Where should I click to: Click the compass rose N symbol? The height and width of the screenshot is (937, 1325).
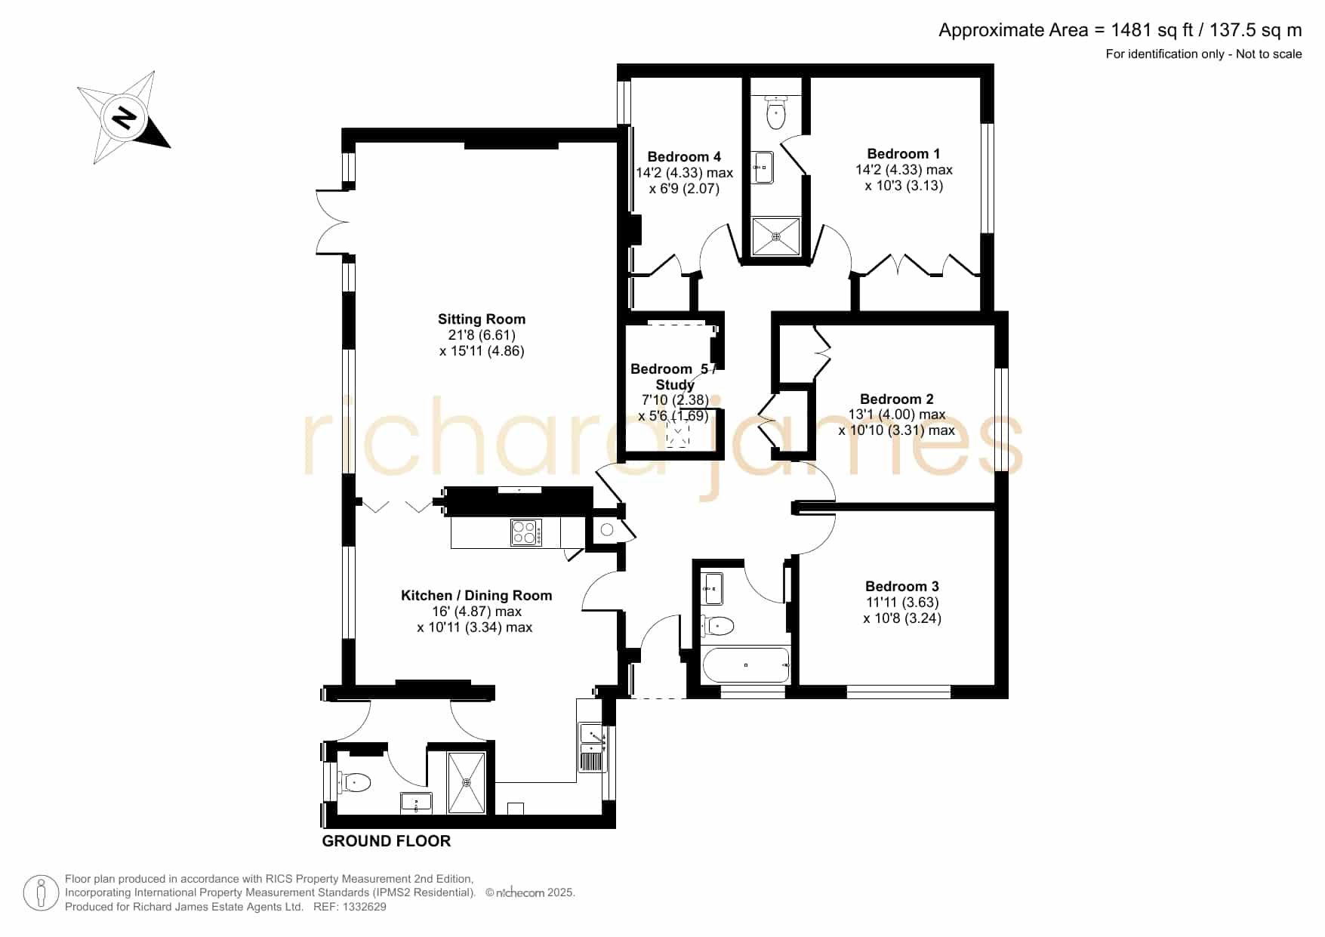tap(123, 119)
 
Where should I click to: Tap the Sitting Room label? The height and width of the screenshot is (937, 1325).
tap(482, 319)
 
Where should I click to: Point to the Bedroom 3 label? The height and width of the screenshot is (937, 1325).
tap(902, 587)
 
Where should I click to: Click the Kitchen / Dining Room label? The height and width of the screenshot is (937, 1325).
tap(476, 596)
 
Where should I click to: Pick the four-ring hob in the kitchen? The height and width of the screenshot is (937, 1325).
tap(526, 532)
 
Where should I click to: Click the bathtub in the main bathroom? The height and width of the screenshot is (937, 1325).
tap(746, 665)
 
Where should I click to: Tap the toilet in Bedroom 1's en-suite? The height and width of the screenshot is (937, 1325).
tap(775, 112)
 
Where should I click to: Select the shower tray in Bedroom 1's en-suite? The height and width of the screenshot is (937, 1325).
tap(775, 236)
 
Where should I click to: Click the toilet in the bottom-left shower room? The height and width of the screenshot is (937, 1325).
tap(355, 781)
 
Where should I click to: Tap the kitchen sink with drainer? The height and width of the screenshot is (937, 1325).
tap(593, 747)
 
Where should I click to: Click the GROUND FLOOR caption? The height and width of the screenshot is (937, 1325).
tap(387, 841)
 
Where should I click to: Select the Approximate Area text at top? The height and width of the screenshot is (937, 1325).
tap(1120, 30)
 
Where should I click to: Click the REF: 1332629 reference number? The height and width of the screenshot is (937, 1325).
tap(350, 907)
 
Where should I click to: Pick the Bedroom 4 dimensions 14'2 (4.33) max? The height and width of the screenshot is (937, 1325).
tap(684, 173)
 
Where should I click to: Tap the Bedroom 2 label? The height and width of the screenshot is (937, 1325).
tap(897, 399)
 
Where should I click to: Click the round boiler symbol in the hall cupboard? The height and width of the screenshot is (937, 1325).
tap(607, 530)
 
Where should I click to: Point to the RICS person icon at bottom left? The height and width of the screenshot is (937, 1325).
tap(41, 893)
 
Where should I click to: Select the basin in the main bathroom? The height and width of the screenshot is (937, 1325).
tap(713, 588)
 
